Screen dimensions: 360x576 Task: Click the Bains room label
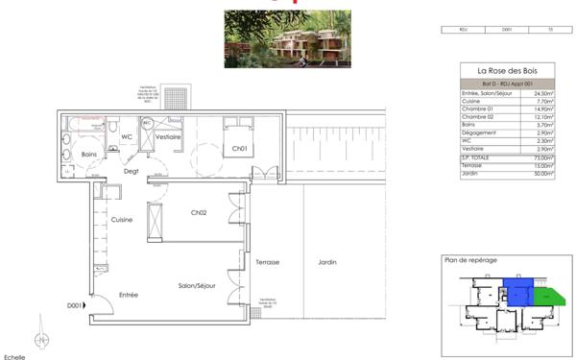tap(91, 154)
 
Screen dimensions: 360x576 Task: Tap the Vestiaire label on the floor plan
tap(169, 137)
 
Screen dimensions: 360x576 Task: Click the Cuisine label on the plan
tap(121, 220)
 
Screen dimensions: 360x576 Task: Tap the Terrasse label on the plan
tap(268, 262)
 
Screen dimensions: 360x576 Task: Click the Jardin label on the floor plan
tap(328, 262)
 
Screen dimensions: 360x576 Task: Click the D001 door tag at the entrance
tap(73, 306)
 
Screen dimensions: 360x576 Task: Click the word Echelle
tap(14, 356)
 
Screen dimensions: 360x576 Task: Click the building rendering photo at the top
tap(287, 38)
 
